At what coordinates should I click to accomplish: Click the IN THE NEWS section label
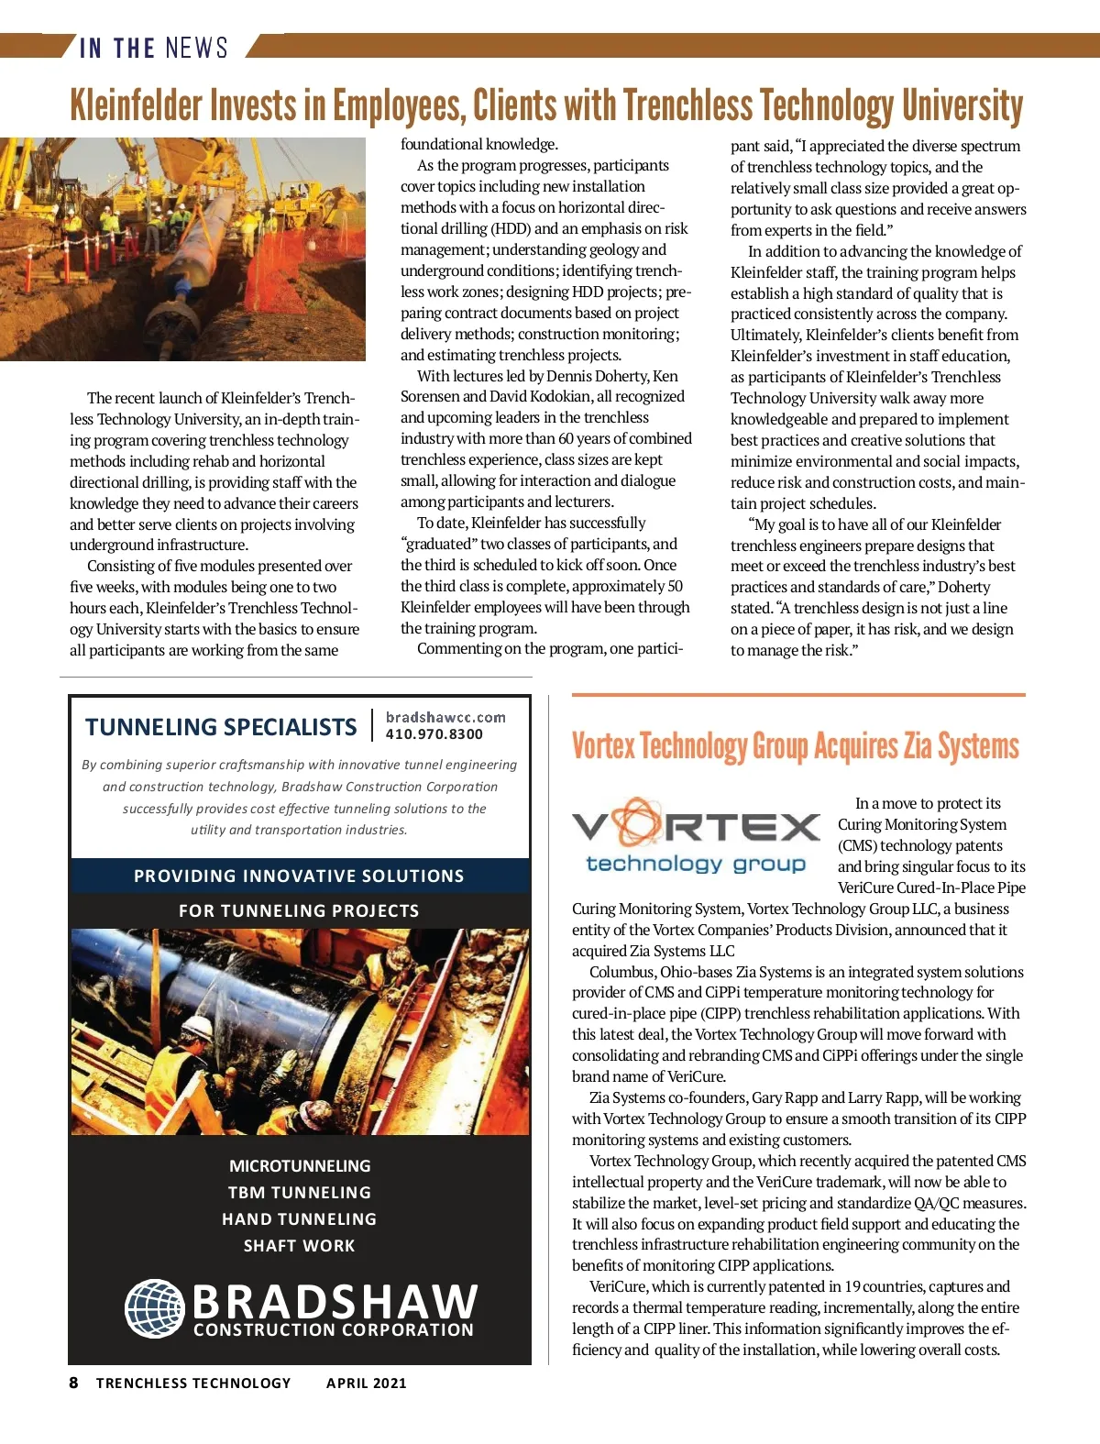153,47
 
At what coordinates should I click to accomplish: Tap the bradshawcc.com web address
445,717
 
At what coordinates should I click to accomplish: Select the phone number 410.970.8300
434,734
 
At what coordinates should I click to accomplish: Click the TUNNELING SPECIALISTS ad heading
221,727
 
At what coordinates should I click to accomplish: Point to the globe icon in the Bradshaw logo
155,1308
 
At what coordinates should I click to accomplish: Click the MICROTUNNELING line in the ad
300,1166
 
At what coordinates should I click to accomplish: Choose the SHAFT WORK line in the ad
299,1246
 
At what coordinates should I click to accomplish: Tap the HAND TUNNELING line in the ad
299,1219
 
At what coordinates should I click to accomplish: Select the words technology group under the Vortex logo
696,864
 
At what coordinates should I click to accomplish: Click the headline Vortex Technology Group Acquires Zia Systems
795,746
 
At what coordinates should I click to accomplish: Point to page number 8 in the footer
73,1383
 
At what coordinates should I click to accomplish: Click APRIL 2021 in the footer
366,1383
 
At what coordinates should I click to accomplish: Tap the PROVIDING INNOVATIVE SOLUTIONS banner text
299,876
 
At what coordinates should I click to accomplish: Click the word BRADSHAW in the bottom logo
335,1300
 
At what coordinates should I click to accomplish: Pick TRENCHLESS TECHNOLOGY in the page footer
193,1383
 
